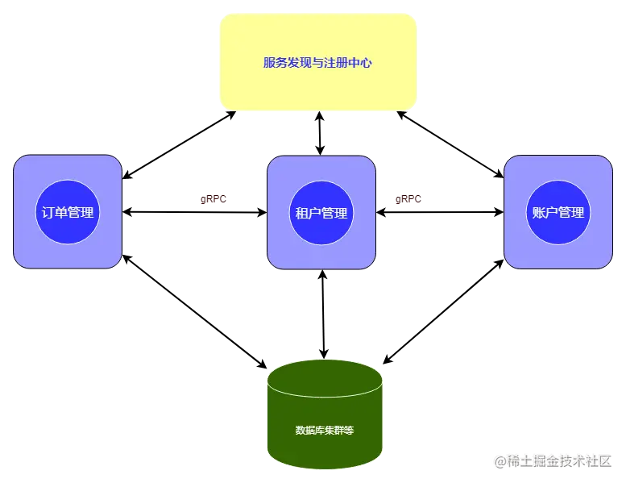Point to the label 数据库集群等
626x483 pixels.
tap(325, 430)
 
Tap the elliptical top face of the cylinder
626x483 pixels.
tap(325, 378)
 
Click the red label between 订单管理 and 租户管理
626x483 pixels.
tap(215, 199)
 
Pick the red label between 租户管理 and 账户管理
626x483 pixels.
tap(408, 199)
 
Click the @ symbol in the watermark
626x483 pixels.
tap(500, 460)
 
